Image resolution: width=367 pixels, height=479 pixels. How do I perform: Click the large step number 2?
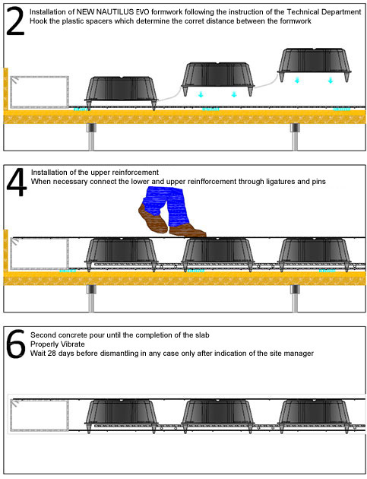click(x=15, y=21)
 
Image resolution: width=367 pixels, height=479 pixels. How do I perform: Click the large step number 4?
click(x=17, y=182)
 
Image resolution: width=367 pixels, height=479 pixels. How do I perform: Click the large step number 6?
click(x=15, y=344)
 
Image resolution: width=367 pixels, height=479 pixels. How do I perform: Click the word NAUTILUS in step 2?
click(x=109, y=12)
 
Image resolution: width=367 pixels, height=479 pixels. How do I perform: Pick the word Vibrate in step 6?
click(x=73, y=344)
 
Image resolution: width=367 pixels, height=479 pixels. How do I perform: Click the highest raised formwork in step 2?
click(x=314, y=65)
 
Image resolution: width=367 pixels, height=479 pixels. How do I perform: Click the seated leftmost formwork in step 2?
click(x=122, y=93)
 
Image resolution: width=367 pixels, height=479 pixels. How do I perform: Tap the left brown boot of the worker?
click(x=153, y=218)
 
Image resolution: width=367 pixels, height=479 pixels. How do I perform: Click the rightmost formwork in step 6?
click(x=314, y=416)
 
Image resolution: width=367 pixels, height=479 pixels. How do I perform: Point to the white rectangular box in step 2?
click(x=40, y=92)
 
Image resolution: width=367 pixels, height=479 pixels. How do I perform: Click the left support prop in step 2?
click(x=91, y=137)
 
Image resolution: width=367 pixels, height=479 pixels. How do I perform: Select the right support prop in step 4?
click(x=295, y=299)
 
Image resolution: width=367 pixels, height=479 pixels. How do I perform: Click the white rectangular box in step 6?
click(x=40, y=415)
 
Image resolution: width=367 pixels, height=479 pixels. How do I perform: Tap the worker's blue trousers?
click(x=166, y=204)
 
